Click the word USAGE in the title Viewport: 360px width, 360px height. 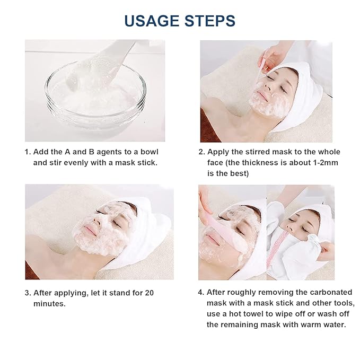[x=151, y=21]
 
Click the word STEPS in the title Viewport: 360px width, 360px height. [x=208, y=21]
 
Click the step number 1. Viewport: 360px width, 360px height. [x=28, y=152]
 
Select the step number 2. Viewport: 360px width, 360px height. [x=201, y=152]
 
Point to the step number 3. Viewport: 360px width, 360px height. [x=28, y=293]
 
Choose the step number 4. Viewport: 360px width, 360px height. [x=201, y=293]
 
